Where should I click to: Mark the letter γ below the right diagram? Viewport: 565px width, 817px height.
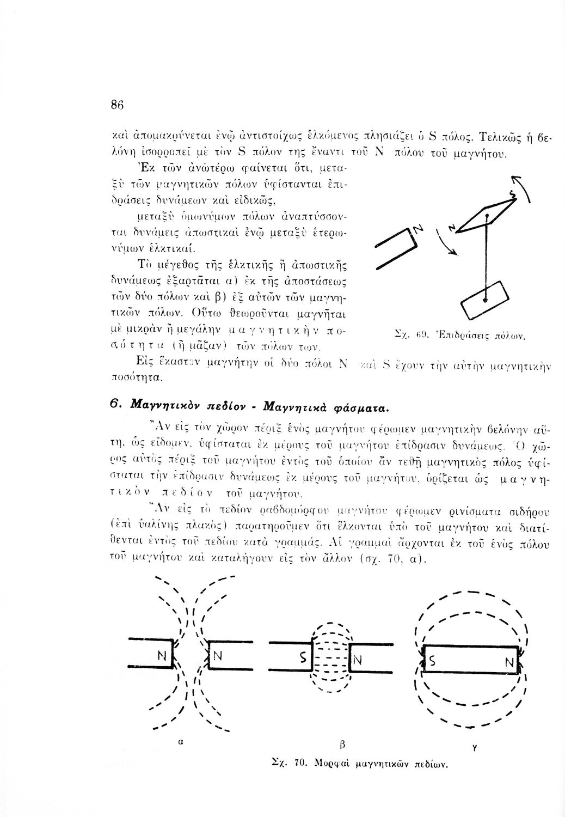[x=475, y=749]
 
